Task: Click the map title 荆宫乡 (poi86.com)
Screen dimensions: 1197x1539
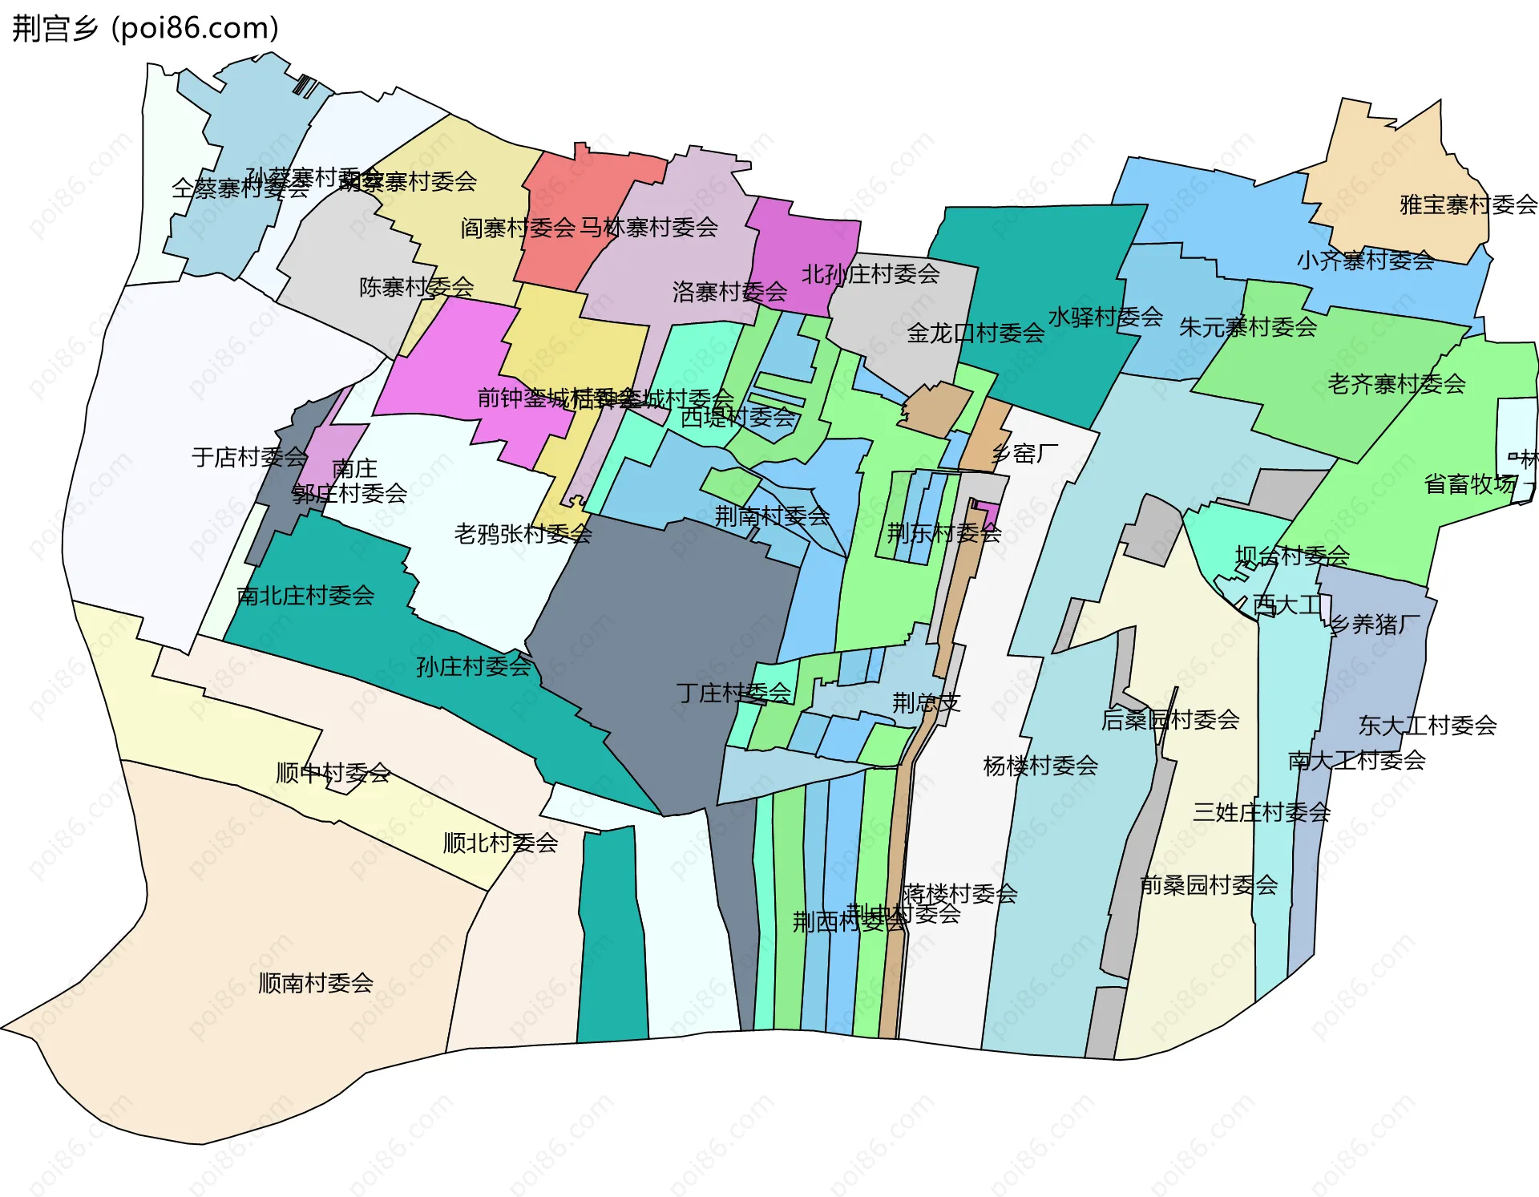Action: tap(145, 28)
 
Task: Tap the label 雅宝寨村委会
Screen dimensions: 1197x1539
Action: tap(1468, 205)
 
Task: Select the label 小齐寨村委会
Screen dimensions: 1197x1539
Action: tap(1365, 260)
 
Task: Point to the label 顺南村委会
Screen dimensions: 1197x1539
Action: tap(316, 983)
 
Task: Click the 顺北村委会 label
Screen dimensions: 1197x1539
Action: tap(500, 843)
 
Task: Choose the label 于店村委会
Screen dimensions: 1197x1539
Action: tap(249, 457)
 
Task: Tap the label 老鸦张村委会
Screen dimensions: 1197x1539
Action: tap(523, 534)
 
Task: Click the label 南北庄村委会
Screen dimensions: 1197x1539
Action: tap(305, 596)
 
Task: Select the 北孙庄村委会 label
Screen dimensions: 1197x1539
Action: tap(870, 274)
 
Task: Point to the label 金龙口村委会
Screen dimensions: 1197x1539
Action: tap(976, 333)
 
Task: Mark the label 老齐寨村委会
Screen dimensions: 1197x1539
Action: tap(1396, 385)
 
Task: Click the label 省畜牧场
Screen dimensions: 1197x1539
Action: tap(1470, 484)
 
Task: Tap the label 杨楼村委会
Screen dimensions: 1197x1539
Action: tap(1040, 766)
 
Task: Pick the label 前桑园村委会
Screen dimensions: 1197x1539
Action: tap(1209, 885)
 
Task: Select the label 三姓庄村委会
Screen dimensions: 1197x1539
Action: tap(1261, 813)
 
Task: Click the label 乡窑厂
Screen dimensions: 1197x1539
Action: tap(1024, 455)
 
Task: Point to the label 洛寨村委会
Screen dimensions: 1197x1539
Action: tap(729, 292)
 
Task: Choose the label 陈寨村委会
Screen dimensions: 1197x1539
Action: tap(416, 287)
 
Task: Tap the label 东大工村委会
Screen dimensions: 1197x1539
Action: tap(1427, 726)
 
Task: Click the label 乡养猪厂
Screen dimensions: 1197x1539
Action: tap(1374, 625)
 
